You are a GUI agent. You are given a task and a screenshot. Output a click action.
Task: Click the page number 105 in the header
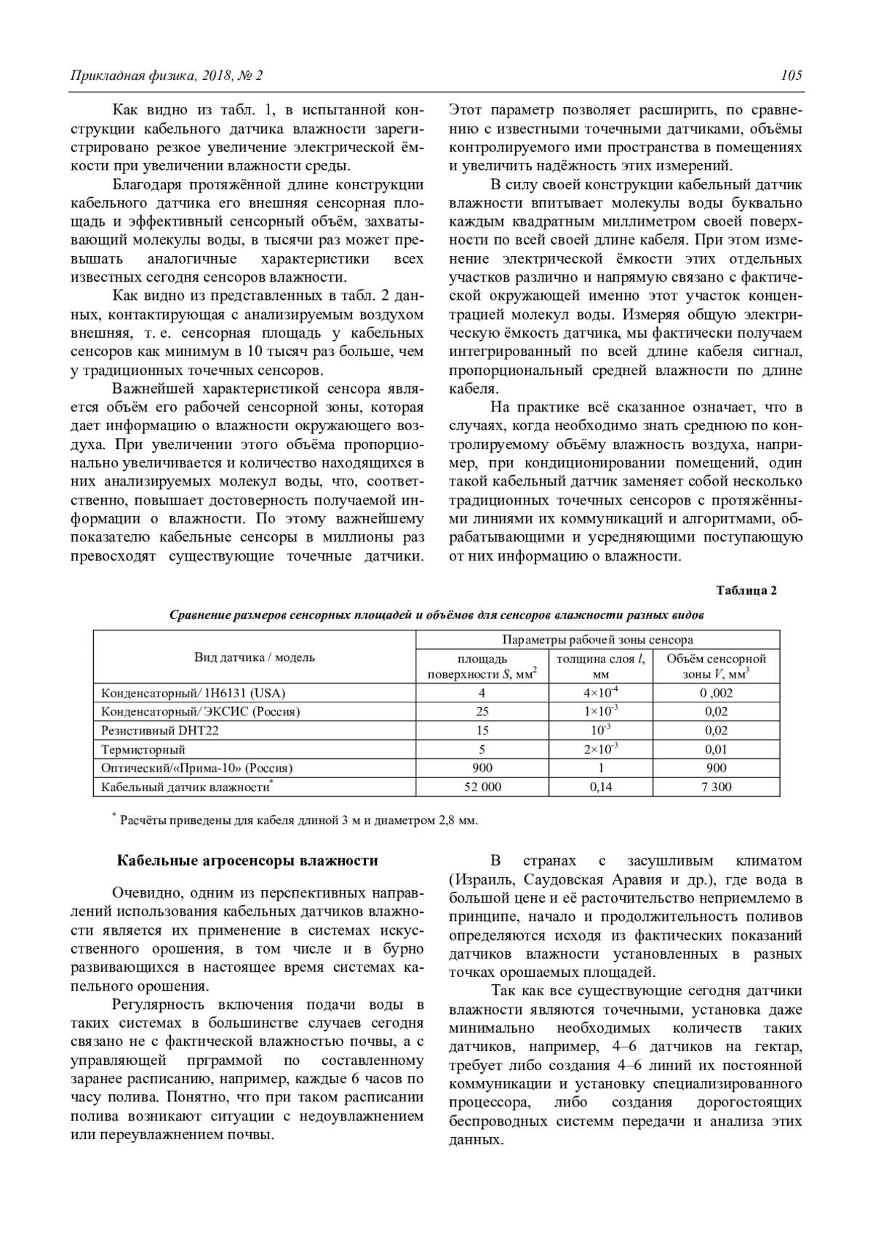[x=792, y=76]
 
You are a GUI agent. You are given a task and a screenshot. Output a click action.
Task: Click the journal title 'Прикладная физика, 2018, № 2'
[x=166, y=76]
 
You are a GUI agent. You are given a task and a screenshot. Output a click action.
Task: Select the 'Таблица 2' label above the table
[x=746, y=590]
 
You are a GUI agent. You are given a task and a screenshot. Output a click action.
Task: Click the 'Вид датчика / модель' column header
[x=254, y=657]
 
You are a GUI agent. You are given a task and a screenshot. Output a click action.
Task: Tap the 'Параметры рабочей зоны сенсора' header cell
[x=597, y=640]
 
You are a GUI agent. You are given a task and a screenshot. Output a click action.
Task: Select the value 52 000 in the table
[x=482, y=787]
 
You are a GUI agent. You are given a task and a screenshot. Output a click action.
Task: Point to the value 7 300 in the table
[x=716, y=787]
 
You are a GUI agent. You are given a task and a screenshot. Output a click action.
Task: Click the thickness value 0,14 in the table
[x=601, y=787]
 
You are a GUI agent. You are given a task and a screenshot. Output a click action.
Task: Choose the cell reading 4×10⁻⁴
[x=601, y=692]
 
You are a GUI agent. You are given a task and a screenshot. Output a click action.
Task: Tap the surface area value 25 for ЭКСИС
[x=482, y=711]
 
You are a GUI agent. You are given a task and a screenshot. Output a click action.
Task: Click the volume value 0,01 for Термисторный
[x=716, y=749]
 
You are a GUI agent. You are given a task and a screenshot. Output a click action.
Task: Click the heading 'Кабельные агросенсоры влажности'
[x=248, y=860]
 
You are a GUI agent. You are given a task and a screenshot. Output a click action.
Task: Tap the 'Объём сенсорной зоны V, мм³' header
[x=716, y=666]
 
